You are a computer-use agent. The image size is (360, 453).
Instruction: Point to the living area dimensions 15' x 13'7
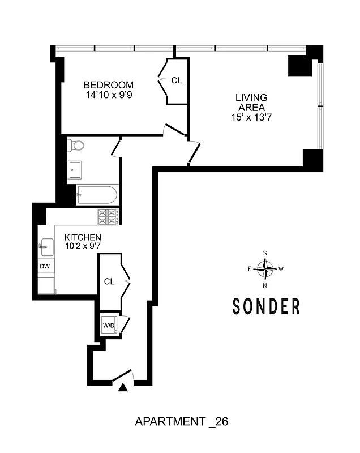click(x=251, y=118)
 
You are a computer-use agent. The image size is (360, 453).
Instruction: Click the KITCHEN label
click(x=83, y=237)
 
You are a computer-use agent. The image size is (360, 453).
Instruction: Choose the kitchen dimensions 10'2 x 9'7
click(x=83, y=246)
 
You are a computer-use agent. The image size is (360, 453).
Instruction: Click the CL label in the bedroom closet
click(x=177, y=80)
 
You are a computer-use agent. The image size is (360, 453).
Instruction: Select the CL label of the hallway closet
click(x=110, y=281)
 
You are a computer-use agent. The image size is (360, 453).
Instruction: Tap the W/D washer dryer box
click(x=109, y=325)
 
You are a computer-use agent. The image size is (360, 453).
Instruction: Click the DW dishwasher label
click(x=44, y=266)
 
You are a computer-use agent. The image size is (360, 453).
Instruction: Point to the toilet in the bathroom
click(x=75, y=146)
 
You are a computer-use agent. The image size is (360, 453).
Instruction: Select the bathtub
click(x=97, y=195)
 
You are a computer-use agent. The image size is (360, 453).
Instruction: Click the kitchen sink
click(x=46, y=246)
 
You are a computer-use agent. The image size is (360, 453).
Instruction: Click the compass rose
click(x=265, y=268)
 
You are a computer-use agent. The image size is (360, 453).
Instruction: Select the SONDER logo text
click(x=266, y=306)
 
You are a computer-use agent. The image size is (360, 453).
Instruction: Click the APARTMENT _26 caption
click(x=181, y=422)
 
